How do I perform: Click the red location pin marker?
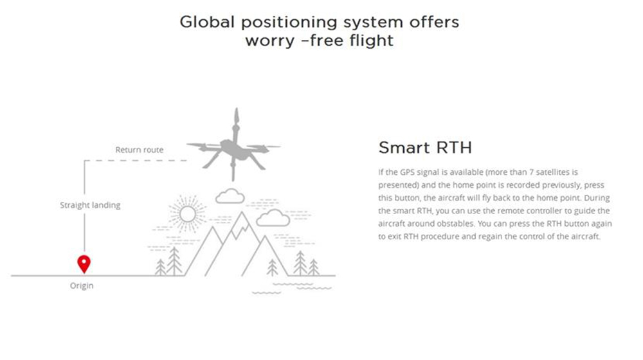tap(84, 264)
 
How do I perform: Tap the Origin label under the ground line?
tap(82, 286)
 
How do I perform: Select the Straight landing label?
tap(90, 205)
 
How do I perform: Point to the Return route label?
tap(140, 150)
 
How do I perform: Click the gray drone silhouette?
tap(233, 148)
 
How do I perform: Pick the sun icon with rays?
tap(188, 214)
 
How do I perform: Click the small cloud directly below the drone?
tap(230, 197)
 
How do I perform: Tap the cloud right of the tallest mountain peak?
tap(273, 218)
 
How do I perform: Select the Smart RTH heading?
tap(425, 148)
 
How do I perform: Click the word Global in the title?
tap(206, 22)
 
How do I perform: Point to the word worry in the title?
tap(270, 41)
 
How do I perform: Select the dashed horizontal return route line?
tap(136, 161)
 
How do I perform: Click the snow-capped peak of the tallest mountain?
tap(242, 224)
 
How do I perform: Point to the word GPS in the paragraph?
tap(408, 172)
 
